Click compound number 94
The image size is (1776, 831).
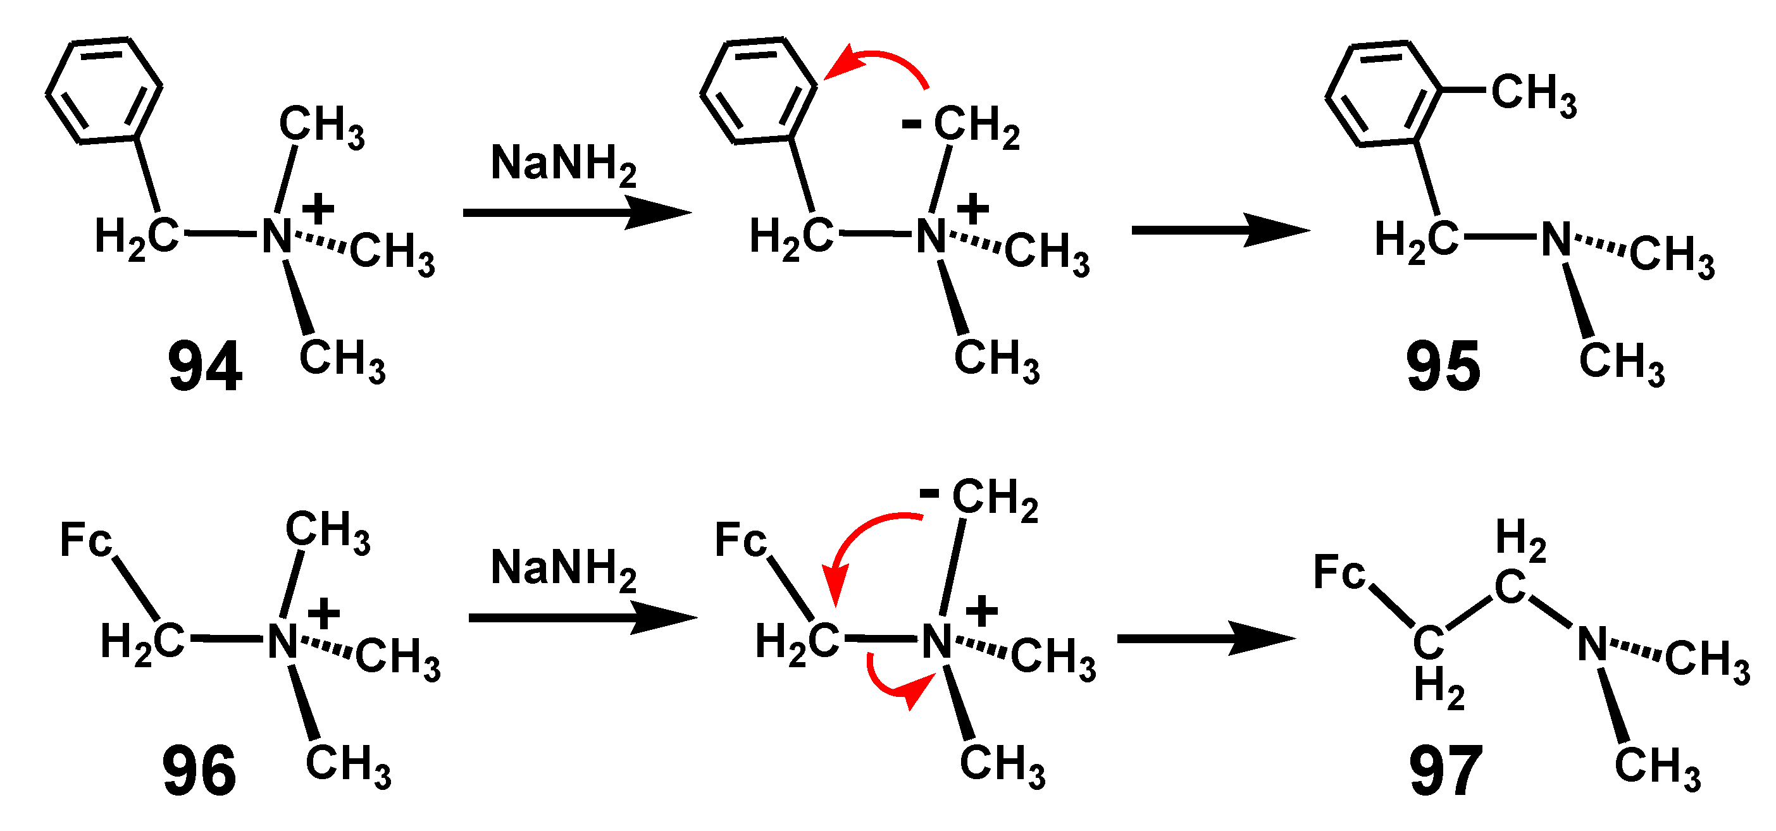pyautogui.click(x=205, y=367)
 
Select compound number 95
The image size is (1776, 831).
pyautogui.click(x=1443, y=367)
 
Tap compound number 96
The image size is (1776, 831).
pyautogui.click(x=199, y=772)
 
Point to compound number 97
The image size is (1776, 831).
pyautogui.click(x=1446, y=772)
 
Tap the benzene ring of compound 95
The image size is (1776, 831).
pyautogui.click(x=1383, y=94)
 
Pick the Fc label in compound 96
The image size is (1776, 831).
pyautogui.click(x=85, y=539)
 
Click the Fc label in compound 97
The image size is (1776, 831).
pyautogui.click(x=1339, y=572)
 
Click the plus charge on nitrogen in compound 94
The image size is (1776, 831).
pyautogui.click(x=318, y=209)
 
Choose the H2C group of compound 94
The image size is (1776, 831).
pyautogui.click(x=137, y=237)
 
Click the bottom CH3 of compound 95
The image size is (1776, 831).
pyautogui.click(x=1621, y=363)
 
